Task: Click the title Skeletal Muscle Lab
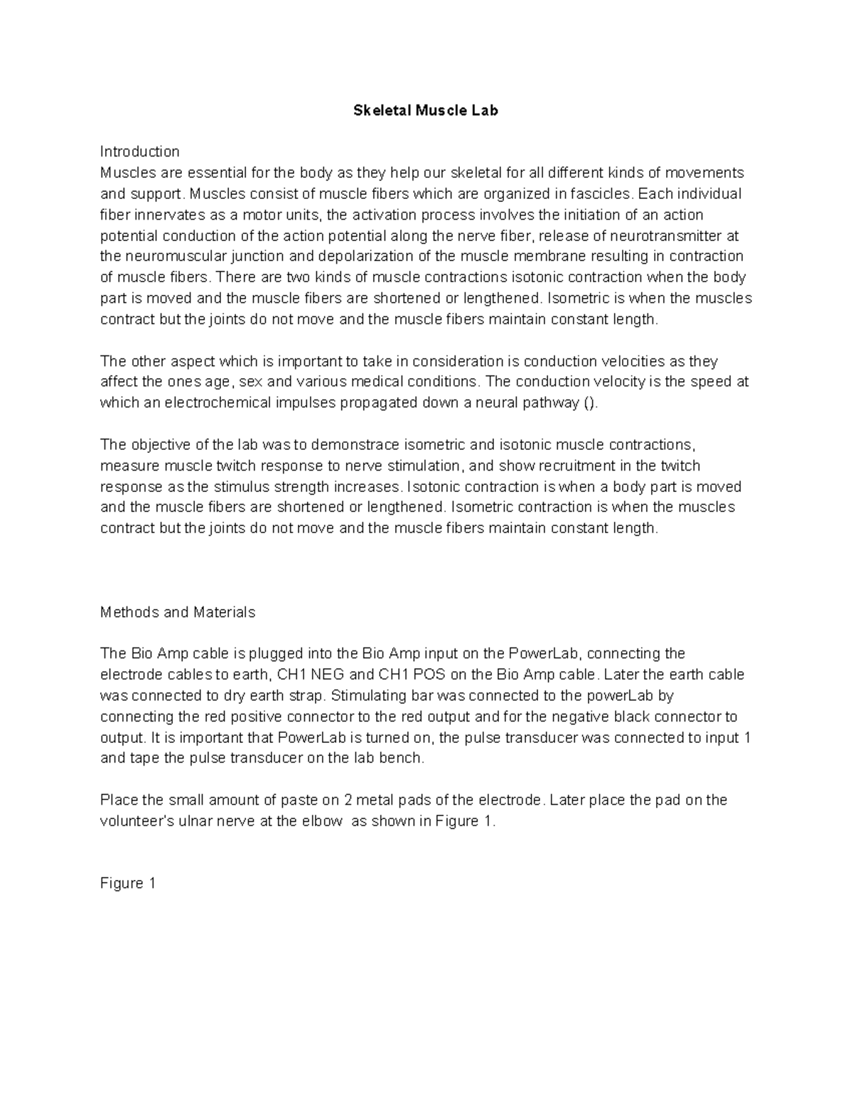tap(426, 110)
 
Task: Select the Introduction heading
tap(139, 151)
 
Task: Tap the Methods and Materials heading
tap(178, 612)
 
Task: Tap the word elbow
tap(323, 821)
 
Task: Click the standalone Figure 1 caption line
tap(128, 884)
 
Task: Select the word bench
tap(404, 758)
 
